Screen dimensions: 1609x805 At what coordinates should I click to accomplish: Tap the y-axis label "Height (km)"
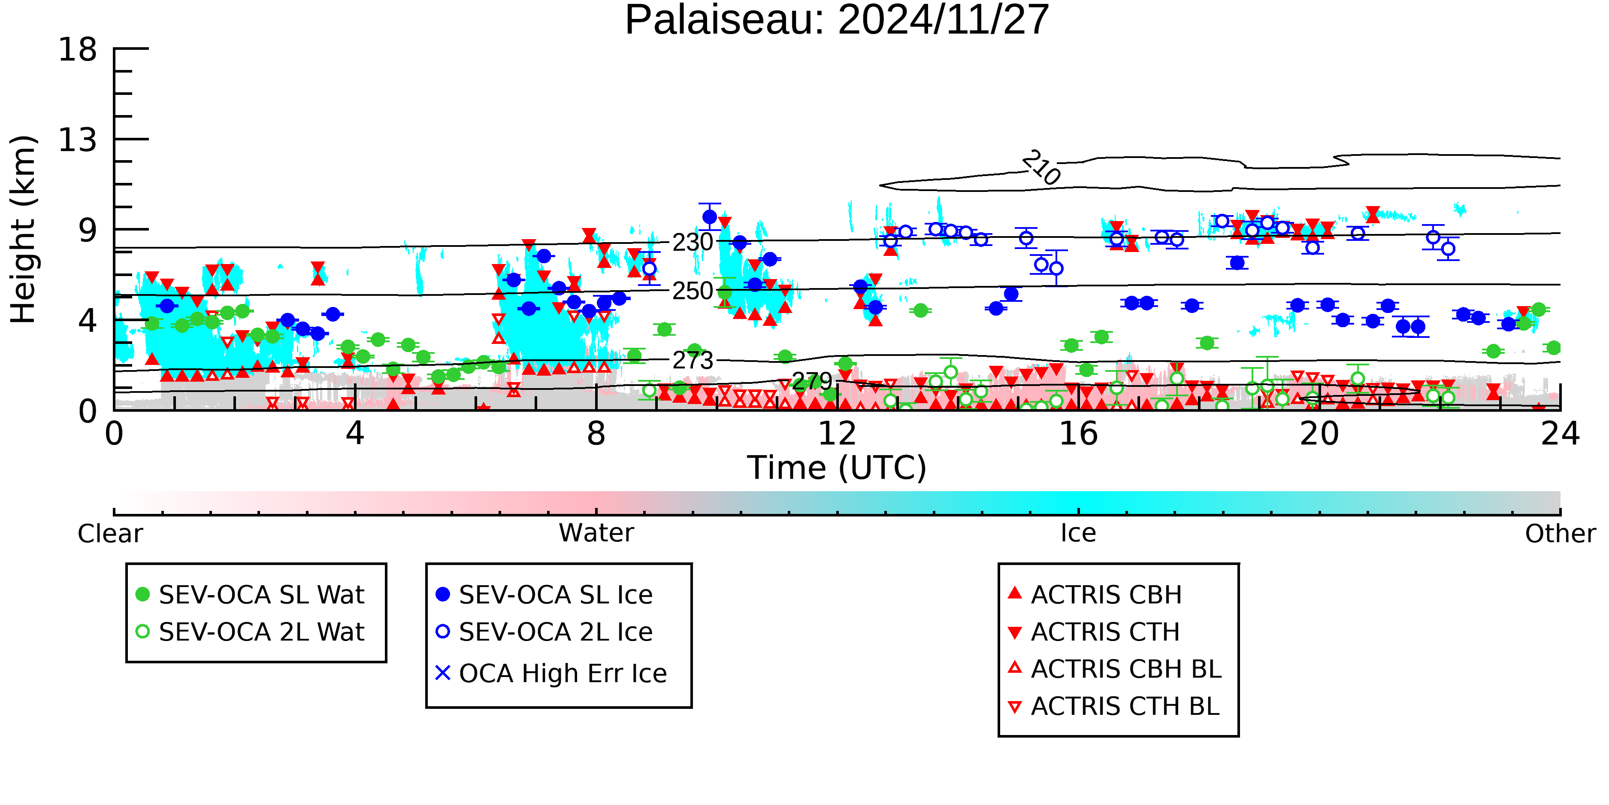point(24,229)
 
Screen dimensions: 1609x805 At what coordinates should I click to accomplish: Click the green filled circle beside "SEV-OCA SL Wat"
point(142,594)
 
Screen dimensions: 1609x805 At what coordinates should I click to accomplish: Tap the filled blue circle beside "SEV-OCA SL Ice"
point(443,594)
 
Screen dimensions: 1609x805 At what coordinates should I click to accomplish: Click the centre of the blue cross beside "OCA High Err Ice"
point(443,673)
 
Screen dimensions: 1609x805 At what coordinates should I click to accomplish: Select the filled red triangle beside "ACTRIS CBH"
point(1015,593)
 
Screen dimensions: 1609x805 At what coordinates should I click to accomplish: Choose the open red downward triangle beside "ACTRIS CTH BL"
point(1015,707)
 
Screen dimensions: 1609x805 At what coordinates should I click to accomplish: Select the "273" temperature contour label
point(693,361)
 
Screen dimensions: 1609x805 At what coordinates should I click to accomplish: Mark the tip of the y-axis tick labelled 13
point(148,139)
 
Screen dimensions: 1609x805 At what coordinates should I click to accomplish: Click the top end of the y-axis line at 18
point(114,48)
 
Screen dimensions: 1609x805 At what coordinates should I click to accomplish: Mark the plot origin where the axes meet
point(114,410)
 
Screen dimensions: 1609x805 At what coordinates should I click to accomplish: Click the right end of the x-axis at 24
point(1560,410)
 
